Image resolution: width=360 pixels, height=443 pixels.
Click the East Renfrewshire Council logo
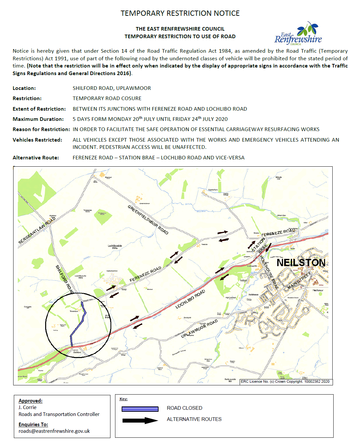tap(298, 34)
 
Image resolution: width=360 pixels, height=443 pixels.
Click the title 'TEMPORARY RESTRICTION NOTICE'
tap(180, 14)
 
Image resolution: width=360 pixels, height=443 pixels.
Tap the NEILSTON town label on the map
tap(301, 263)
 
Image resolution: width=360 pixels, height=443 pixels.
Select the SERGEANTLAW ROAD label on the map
tap(37, 231)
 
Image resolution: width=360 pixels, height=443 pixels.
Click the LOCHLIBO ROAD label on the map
tap(190, 299)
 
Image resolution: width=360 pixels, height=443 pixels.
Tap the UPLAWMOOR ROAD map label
tap(199, 328)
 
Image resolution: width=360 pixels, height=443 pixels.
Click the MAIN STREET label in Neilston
tap(299, 281)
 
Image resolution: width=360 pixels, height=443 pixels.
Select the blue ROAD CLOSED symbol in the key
tap(140, 409)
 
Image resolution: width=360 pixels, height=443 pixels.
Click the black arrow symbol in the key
tap(140, 420)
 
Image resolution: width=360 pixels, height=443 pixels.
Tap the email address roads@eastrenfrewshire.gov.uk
tap(54, 431)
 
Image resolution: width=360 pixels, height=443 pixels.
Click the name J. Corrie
tap(27, 407)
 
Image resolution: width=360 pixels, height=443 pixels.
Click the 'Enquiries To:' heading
tap(33, 425)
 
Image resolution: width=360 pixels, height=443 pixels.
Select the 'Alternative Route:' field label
tap(36, 158)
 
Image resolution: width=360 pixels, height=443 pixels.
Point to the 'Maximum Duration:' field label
tap(38, 119)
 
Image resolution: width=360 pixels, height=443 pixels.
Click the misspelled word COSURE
tap(131, 98)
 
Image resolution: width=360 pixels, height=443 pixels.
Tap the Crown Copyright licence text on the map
tap(285, 381)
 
